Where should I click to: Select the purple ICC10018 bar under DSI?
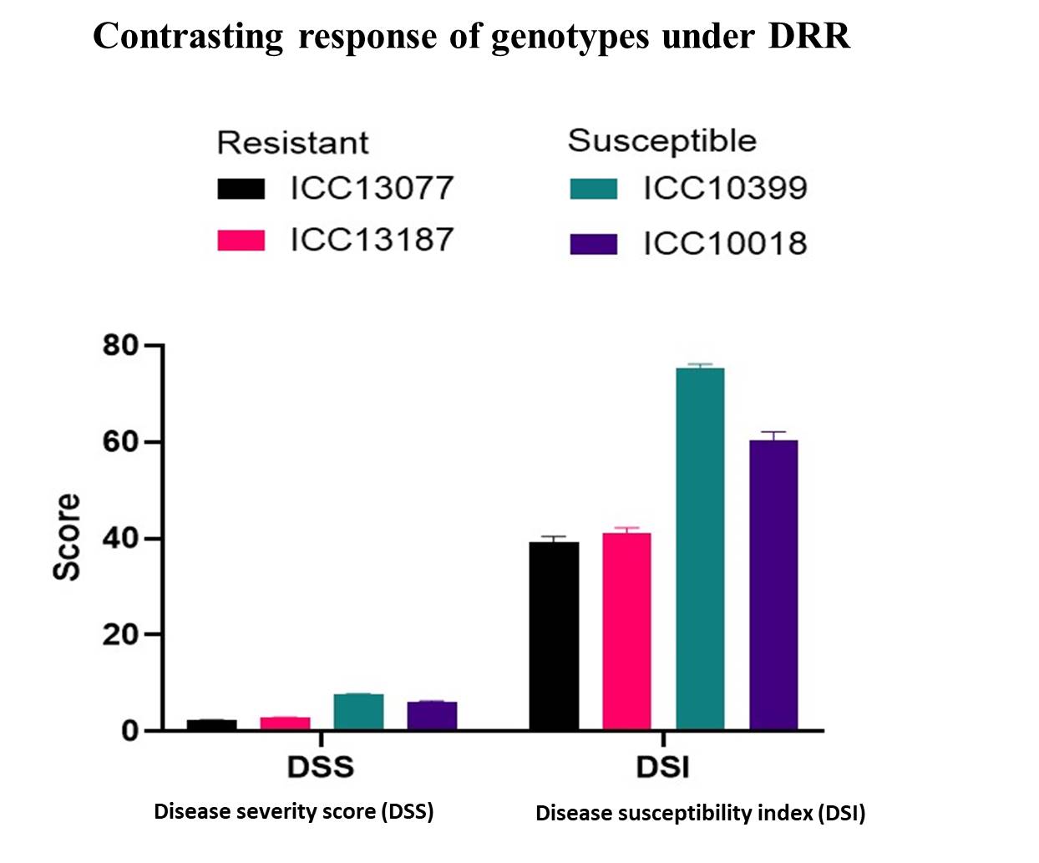tap(773, 585)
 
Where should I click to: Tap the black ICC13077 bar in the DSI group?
tap(554, 636)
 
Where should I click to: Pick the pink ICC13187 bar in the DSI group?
tap(626, 632)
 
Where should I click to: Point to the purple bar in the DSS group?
tap(432, 716)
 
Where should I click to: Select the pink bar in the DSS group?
tap(285, 723)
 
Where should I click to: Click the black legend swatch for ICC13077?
tap(241, 189)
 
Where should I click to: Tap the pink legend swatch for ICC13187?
tap(241, 241)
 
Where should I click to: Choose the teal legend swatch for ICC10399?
tap(594, 189)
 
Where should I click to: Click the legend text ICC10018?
tap(725, 244)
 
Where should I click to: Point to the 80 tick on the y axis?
tap(121, 345)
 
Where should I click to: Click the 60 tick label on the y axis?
tap(121, 442)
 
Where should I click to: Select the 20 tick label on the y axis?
tap(121, 635)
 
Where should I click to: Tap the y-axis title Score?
tap(67, 537)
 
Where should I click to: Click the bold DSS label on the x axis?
tap(321, 767)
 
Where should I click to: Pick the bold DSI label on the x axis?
tap(663, 767)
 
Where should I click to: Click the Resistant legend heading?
tap(292, 143)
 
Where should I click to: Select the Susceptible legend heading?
tap(662, 141)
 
